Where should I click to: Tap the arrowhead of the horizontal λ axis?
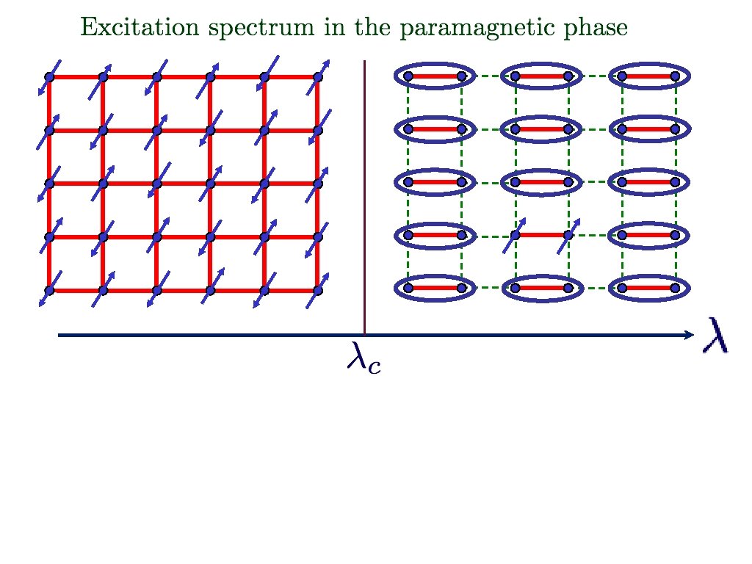688,336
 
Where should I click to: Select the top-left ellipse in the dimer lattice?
435,76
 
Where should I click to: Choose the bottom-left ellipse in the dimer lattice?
435,289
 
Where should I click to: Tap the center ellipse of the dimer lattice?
542,181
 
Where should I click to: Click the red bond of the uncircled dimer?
542,235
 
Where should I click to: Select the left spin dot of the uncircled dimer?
516,235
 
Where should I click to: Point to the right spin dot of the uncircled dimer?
568,235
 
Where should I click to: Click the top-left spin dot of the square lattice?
49,77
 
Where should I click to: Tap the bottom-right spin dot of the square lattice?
318,290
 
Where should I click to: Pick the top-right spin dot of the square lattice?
318,76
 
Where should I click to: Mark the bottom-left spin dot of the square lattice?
49,290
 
